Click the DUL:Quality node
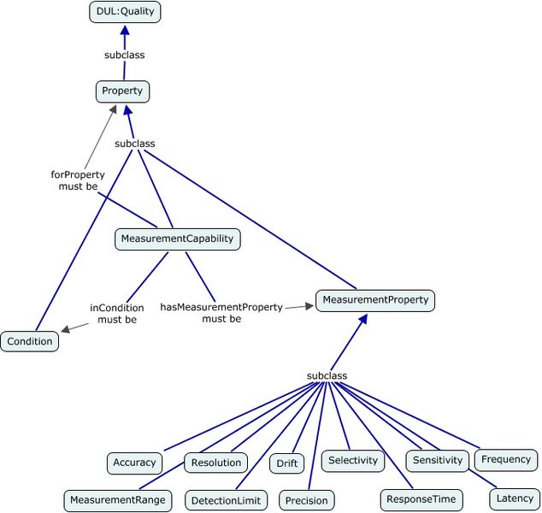[x=125, y=12]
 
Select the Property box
[x=122, y=91]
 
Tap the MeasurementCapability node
[x=177, y=239]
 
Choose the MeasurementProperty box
[x=375, y=300]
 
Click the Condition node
[x=30, y=341]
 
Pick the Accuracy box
[x=134, y=463]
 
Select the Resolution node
[x=216, y=463]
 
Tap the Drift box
[x=287, y=463]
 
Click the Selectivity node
[x=353, y=461]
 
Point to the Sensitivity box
[x=437, y=461]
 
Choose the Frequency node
[x=506, y=460]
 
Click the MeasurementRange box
[x=118, y=500]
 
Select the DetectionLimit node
[x=226, y=500]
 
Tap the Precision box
[x=307, y=500]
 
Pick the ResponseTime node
[x=421, y=500]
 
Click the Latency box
[x=515, y=498]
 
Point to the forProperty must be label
[x=78, y=180]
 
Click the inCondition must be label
[x=117, y=314]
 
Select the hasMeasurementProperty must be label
[x=221, y=313]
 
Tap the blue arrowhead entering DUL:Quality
[x=125, y=30]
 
